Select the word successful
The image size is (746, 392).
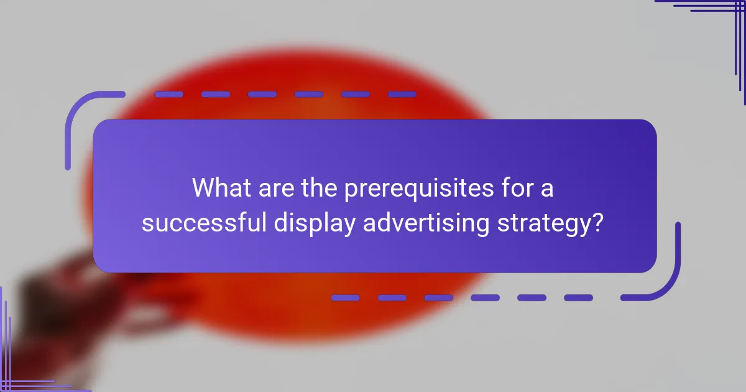(205, 223)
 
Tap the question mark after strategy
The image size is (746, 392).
(597, 222)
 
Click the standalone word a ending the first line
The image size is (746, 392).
(547, 189)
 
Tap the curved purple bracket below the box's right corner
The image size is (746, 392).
(665, 280)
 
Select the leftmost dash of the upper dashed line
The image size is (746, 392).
(168, 95)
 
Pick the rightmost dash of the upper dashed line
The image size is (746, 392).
(402, 95)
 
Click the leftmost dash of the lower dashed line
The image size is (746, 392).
(346, 298)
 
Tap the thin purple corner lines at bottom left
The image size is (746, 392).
(19, 361)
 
